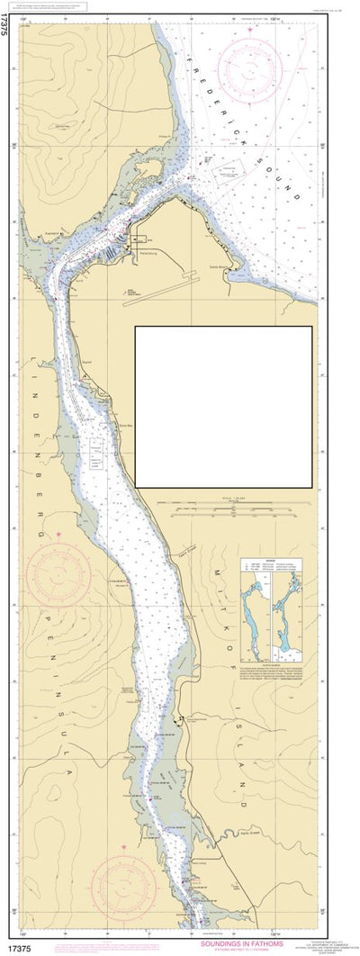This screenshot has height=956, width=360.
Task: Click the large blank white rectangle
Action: pos(223,406)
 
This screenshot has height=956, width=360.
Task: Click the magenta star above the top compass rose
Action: pos(250,30)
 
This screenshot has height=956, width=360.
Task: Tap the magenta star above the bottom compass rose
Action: pos(122,846)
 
